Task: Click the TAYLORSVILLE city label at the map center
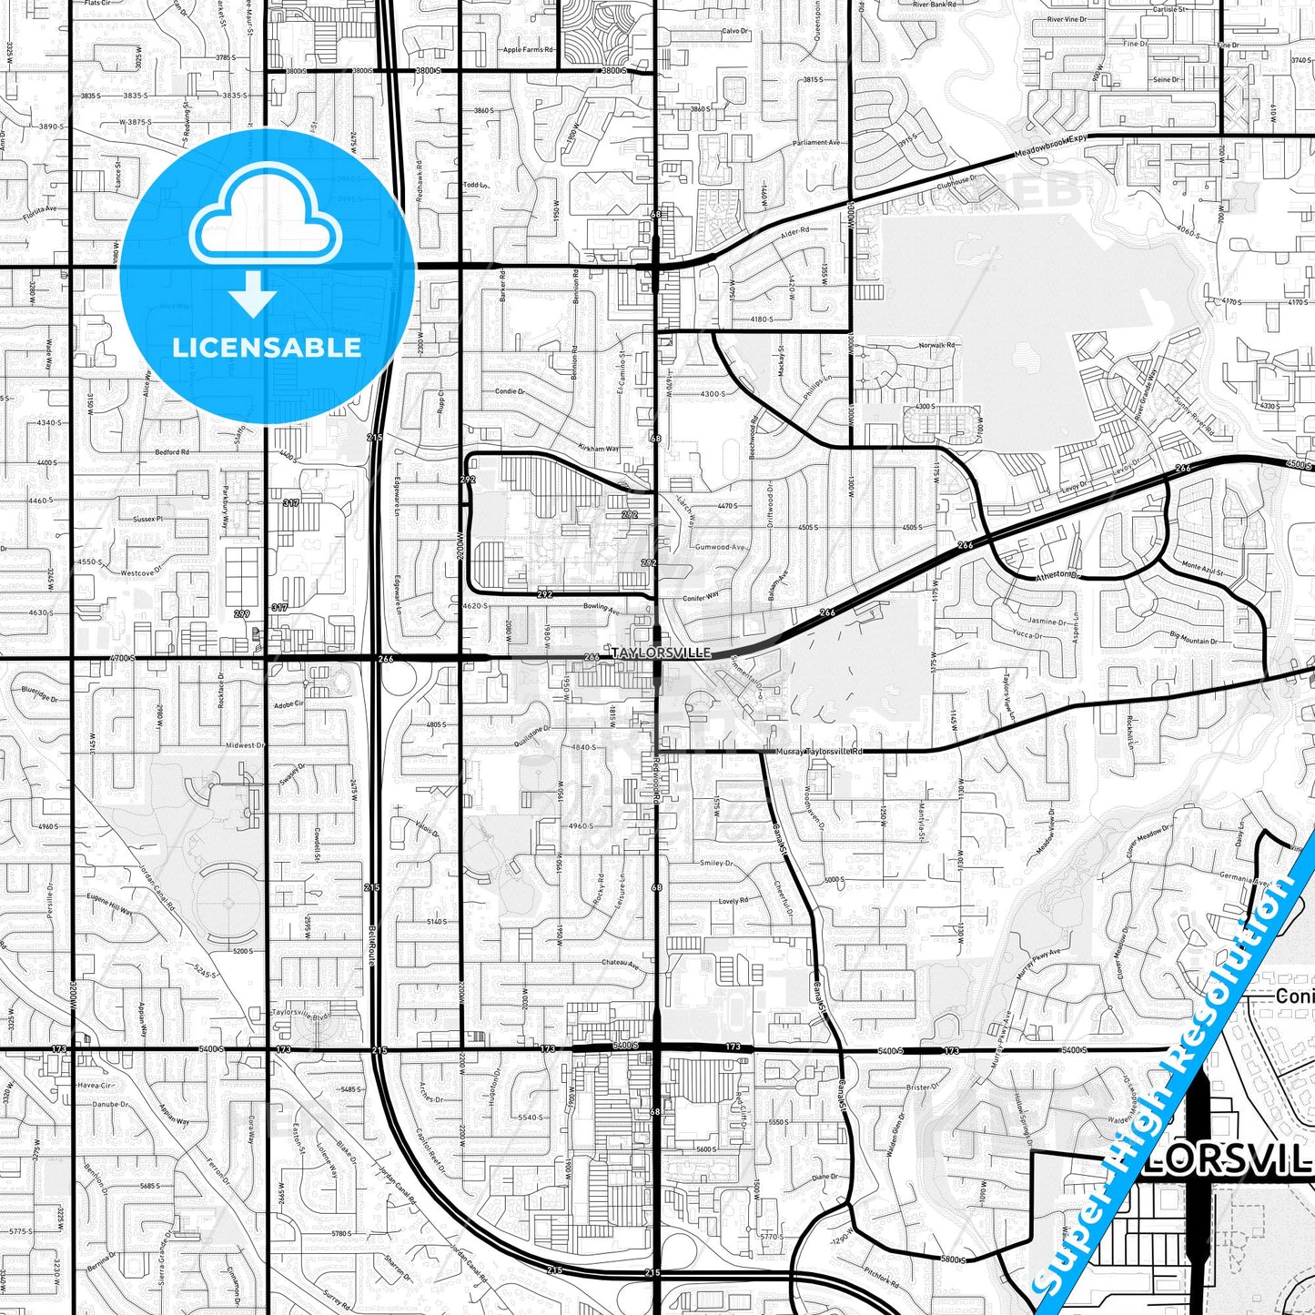[x=661, y=652]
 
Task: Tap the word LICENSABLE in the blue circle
[x=267, y=347]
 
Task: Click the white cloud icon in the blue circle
[x=265, y=224]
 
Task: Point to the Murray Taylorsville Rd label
[x=819, y=752]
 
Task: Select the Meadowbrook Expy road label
[x=1051, y=147]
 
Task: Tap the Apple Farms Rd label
[x=528, y=50]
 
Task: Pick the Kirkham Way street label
[x=598, y=448]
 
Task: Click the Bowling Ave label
[x=602, y=606]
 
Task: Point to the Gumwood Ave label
[x=720, y=547]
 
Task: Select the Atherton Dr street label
[x=1056, y=576]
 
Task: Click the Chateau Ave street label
[x=621, y=963]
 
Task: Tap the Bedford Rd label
[x=172, y=452]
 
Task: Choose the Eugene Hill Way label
[x=109, y=904]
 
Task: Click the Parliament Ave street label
[x=816, y=143]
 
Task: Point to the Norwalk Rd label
[x=936, y=346]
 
